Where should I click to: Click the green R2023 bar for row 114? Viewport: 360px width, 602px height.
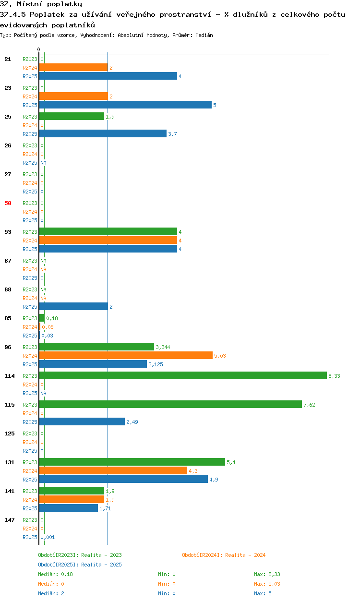183,375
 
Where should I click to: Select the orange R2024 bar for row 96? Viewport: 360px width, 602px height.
126,355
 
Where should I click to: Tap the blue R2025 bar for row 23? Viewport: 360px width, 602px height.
125,105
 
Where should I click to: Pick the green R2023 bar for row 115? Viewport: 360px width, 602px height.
170,404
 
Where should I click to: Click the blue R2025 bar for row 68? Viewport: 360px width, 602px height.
73,306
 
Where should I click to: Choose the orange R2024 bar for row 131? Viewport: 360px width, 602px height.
113,470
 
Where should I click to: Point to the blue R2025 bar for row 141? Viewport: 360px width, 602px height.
69,508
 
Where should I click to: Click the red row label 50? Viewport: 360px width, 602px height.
8,203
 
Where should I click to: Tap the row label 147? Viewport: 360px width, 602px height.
10,520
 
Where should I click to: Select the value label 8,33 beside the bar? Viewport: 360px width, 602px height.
334,376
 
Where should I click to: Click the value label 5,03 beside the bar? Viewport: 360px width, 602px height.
220,356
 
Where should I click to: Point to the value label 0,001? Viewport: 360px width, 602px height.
48,537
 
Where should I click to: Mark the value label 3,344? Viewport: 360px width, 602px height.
163,347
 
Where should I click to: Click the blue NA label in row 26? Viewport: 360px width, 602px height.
43,163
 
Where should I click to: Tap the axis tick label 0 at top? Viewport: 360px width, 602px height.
39,49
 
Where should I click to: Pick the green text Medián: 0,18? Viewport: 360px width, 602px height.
55,574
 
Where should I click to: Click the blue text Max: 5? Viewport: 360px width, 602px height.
263,593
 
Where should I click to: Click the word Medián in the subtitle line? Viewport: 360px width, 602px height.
204,35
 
